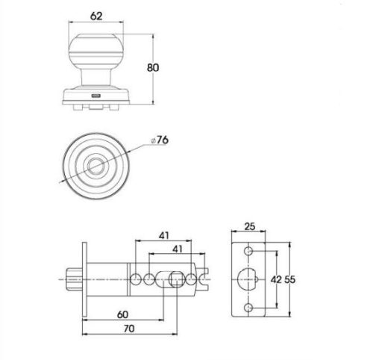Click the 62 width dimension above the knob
click(x=96, y=16)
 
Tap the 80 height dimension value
click(x=153, y=67)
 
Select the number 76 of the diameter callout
click(x=163, y=140)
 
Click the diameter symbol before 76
click(x=154, y=141)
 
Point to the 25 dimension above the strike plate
click(x=250, y=226)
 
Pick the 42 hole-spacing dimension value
click(x=276, y=279)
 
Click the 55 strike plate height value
click(x=290, y=279)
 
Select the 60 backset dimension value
click(x=122, y=314)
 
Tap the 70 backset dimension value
click(x=129, y=329)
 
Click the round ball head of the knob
click(x=96, y=52)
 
